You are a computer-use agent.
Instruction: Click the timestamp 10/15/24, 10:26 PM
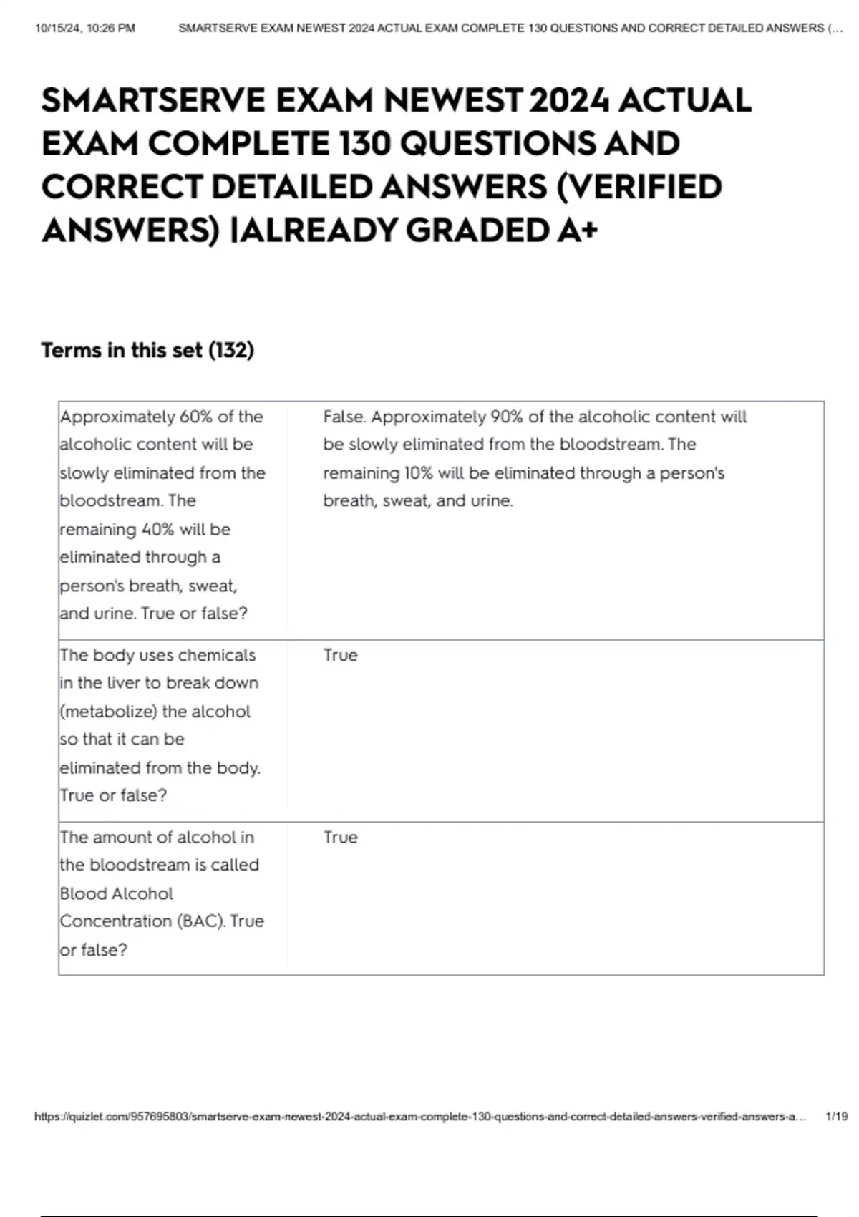84,29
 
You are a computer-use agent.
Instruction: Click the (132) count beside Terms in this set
230,350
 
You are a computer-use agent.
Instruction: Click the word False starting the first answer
344,417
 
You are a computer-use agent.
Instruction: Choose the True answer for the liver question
340,655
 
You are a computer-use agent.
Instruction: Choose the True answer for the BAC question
340,837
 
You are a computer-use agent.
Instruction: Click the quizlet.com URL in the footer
419,1117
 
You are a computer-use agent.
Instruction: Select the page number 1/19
836,1117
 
